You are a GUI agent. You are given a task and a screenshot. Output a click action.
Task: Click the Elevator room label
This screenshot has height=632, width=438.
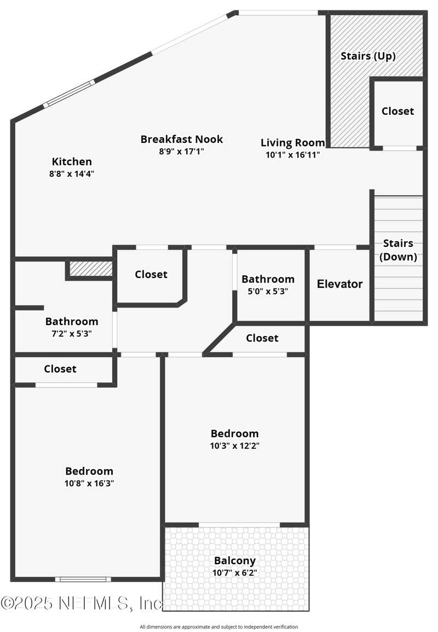339,284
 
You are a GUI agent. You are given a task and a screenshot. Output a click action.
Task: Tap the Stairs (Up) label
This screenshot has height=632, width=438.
368,56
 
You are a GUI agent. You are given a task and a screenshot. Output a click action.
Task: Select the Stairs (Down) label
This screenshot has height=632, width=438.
398,250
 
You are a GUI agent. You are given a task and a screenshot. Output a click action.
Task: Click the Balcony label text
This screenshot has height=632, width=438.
235,561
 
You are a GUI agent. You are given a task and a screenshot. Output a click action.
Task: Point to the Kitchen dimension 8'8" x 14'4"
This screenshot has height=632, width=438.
72,173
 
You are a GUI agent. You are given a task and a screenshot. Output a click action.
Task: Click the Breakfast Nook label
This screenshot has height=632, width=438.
182,139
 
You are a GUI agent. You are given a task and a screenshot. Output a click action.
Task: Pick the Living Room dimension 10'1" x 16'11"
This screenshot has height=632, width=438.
293,155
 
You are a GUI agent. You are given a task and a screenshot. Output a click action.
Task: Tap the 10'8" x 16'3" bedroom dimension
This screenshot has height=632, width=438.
89,483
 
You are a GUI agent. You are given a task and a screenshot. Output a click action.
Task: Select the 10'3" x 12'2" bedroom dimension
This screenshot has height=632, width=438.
234,445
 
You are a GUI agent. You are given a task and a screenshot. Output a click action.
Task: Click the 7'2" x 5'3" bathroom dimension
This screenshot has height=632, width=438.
72,333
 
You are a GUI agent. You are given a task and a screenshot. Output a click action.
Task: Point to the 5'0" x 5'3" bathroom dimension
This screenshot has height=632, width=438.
268,291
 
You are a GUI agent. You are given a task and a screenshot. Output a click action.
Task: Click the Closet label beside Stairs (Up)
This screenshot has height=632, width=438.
397,111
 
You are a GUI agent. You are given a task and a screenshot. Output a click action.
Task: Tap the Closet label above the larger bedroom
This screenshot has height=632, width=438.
60,369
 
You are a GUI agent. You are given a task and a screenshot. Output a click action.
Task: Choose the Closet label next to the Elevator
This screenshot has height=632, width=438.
262,338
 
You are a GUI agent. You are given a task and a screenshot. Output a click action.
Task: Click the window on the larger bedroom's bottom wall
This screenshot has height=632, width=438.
83,579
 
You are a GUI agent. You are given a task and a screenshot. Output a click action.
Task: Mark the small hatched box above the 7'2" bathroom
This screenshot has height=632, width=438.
91,269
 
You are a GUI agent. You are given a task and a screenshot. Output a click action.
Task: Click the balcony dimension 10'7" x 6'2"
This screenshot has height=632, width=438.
235,573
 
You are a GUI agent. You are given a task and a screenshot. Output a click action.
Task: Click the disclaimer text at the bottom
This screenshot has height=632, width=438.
219,627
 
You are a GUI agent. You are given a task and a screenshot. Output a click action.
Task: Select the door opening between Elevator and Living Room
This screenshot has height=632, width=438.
335,247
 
